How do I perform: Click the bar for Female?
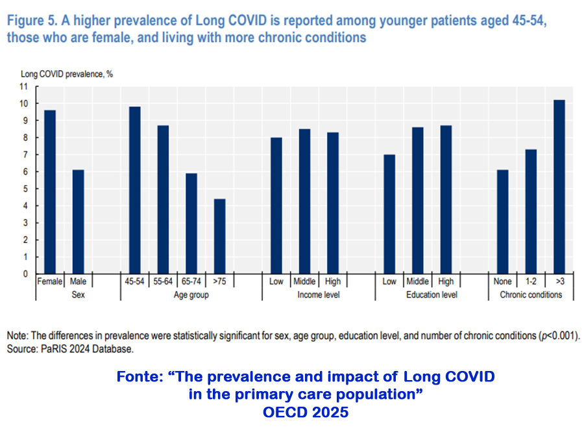(50, 192)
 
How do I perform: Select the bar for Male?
(79, 222)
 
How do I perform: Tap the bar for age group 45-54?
(135, 190)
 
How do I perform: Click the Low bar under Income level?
(276, 205)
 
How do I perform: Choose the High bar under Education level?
(446, 199)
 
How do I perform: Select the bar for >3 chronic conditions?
(559, 186)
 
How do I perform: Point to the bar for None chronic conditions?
(502, 222)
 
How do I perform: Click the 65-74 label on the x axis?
(191, 281)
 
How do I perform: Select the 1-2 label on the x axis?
(531, 281)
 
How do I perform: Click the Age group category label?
(191, 294)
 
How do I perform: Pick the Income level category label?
(318, 294)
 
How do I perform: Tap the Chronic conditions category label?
(531, 294)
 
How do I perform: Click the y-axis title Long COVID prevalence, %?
(67, 73)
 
